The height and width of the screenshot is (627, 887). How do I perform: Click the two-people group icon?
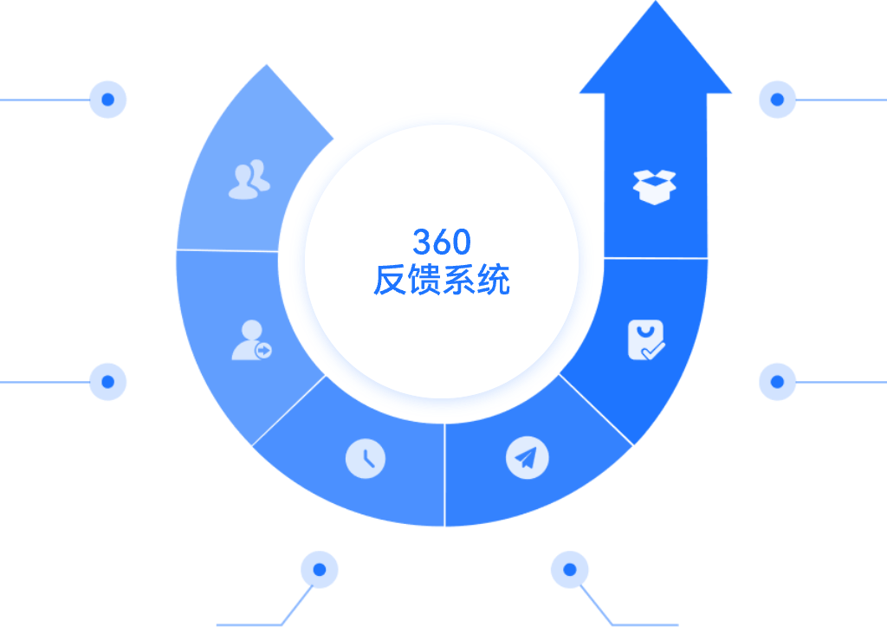(249, 179)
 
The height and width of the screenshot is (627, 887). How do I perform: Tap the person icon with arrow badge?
(250, 340)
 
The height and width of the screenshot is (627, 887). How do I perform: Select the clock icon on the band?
(366, 458)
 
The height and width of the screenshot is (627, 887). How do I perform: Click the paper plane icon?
(527, 457)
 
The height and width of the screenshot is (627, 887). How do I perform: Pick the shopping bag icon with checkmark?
(645, 340)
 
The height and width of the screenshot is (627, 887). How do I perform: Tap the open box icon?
(656, 186)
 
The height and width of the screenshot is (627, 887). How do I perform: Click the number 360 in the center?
(442, 242)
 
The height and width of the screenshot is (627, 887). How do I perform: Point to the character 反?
(390, 280)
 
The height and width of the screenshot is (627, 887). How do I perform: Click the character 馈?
(424, 280)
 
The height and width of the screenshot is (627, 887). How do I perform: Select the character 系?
(459, 280)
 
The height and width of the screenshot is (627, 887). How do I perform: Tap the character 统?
(494, 280)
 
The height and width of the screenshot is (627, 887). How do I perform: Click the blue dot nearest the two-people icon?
(108, 100)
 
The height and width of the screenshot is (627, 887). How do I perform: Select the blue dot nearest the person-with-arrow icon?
(108, 381)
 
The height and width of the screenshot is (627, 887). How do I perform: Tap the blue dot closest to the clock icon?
(320, 570)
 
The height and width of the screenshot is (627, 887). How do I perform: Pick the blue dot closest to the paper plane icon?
(569, 570)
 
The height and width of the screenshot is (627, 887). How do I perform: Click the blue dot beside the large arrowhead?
(778, 100)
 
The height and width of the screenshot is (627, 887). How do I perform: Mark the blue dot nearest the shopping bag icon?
(778, 381)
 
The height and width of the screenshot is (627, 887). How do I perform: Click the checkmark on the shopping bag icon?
(654, 350)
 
